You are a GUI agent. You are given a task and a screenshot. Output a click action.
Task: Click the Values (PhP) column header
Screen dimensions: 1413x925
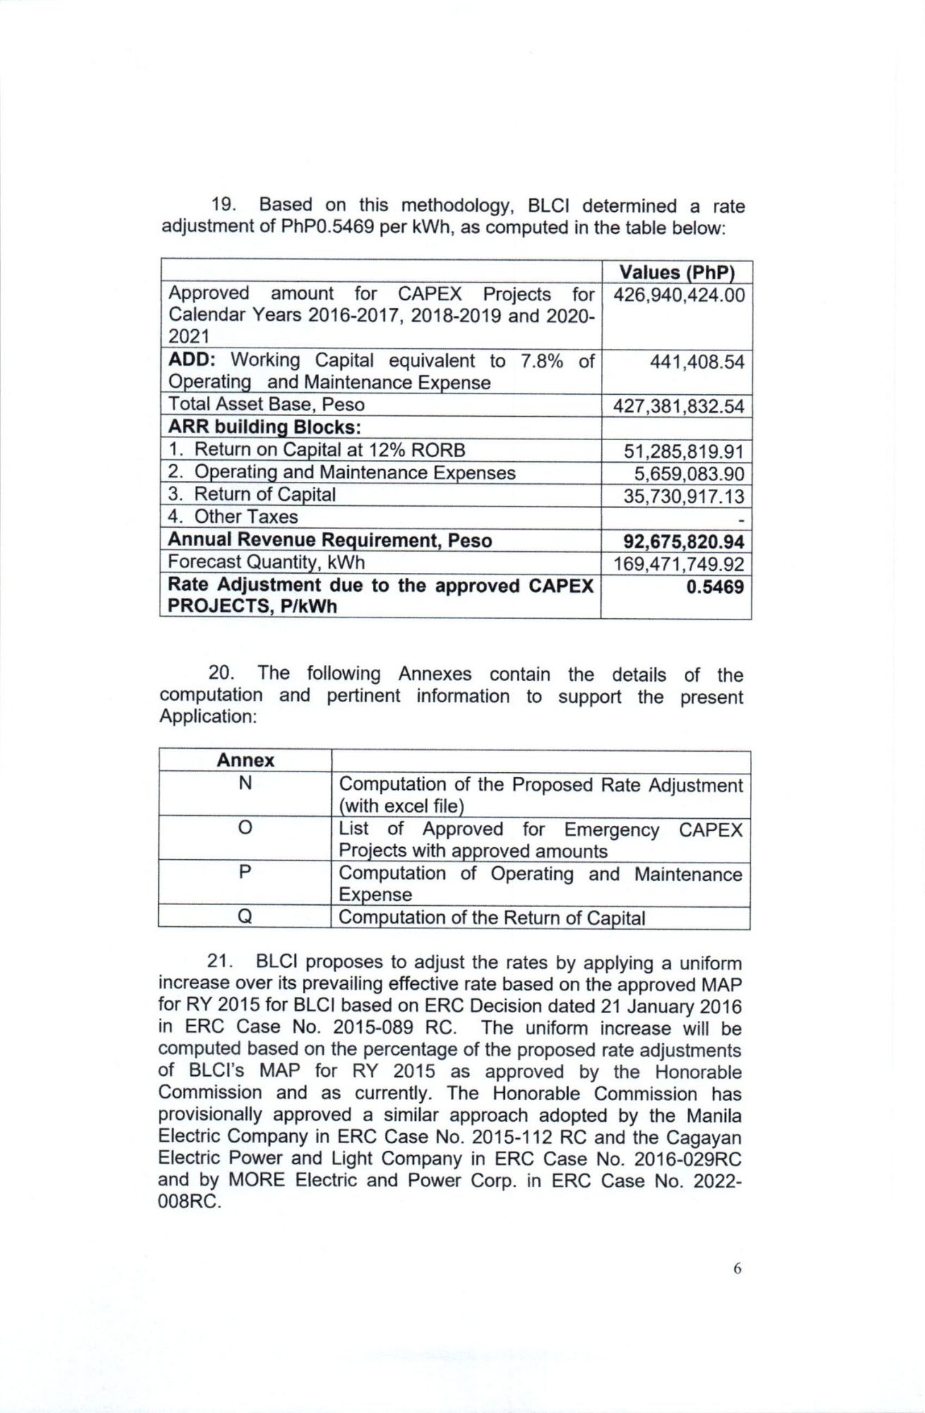pyautogui.click(x=676, y=272)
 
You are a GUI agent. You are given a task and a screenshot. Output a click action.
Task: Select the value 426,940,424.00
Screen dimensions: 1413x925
pyautogui.click(x=679, y=295)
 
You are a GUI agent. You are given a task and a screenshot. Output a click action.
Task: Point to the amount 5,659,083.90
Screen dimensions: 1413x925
pyautogui.click(x=688, y=473)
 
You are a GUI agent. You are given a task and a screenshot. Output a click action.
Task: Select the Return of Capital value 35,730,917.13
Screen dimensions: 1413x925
pyautogui.click(x=684, y=496)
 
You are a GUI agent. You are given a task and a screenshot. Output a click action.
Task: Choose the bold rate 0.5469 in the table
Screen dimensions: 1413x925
pyautogui.click(x=715, y=586)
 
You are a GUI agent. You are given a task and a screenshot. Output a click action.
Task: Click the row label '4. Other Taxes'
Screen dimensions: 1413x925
pyautogui.click(x=233, y=516)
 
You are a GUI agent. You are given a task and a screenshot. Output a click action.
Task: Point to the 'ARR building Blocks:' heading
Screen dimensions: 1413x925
pyautogui.click(x=265, y=427)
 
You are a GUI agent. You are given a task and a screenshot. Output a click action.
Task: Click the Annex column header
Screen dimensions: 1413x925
pyautogui.click(x=245, y=760)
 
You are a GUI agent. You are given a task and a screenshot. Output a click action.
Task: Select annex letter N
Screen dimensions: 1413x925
pyautogui.click(x=245, y=783)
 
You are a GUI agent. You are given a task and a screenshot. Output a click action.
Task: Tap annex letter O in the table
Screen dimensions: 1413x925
pyautogui.click(x=245, y=827)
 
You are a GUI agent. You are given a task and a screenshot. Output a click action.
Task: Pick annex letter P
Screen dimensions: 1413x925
pyautogui.click(x=245, y=872)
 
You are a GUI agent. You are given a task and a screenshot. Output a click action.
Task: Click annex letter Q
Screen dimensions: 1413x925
pyautogui.click(x=245, y=917)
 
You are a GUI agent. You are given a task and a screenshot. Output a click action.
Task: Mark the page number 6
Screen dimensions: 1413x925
pyautogui.click(x=737, y=1268)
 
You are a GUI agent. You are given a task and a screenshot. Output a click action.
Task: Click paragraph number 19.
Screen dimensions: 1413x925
pyautogui.click(x=225, y=205)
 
